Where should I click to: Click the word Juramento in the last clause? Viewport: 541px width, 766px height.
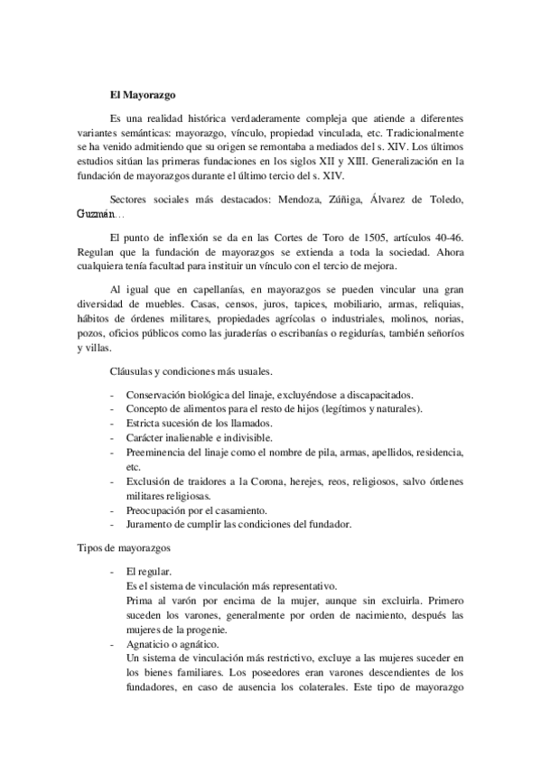153,525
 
